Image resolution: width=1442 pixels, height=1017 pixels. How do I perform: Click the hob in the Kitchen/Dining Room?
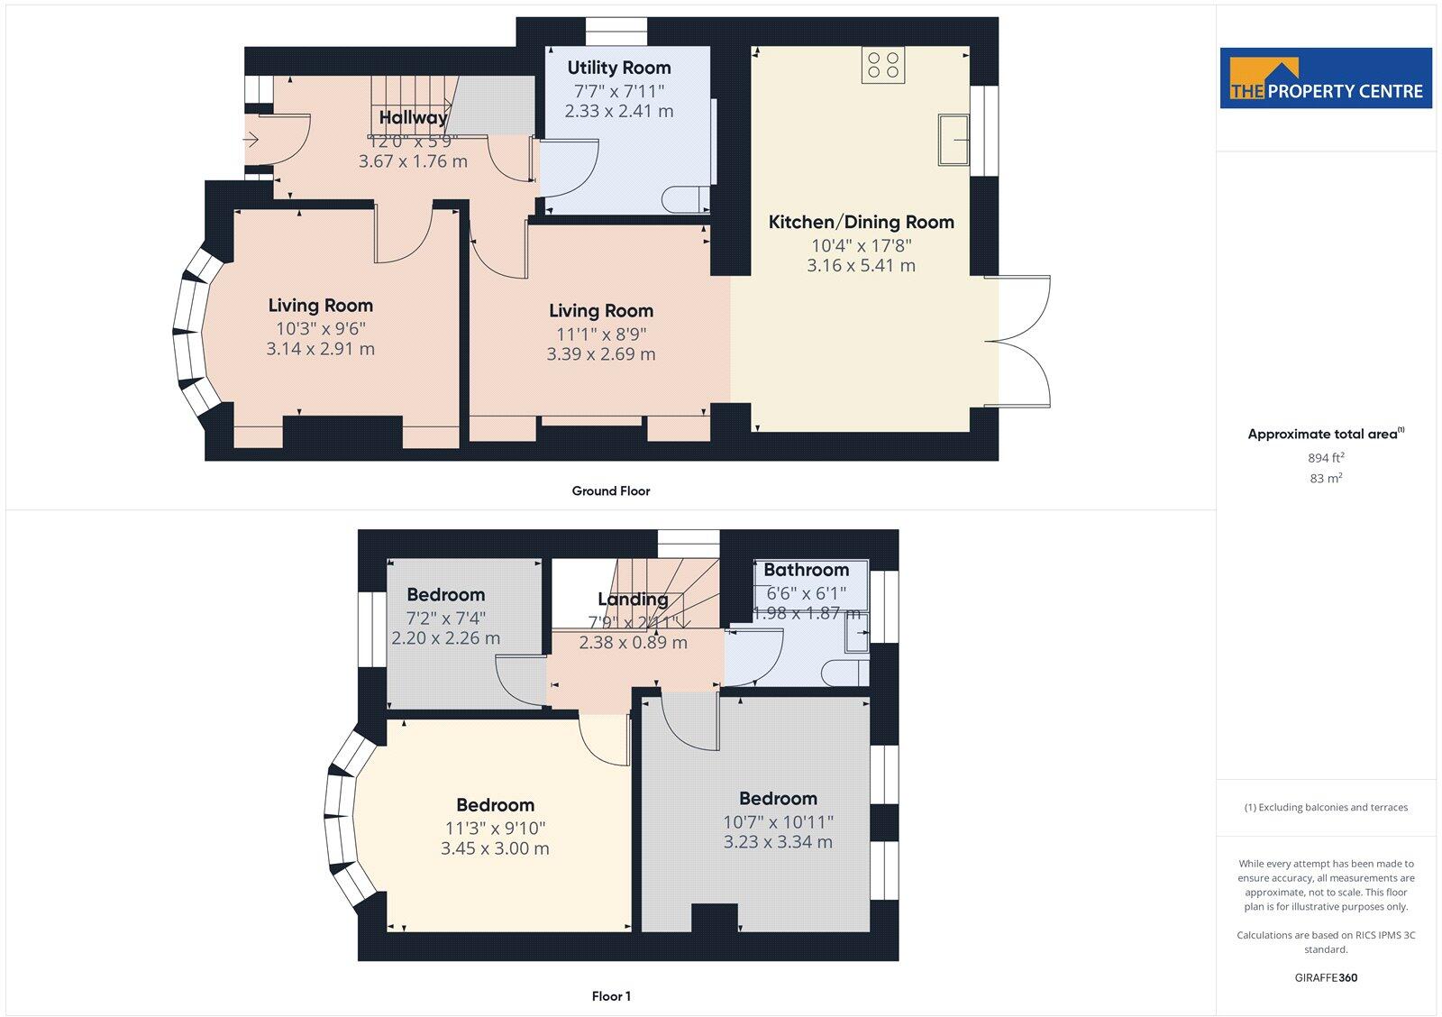(x=882, y=65)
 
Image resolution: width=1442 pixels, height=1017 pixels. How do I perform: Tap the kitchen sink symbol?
(x=954, y=139)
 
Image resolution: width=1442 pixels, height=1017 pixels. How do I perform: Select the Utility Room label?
(x=618, y=68)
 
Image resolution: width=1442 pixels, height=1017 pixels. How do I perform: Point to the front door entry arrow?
(x=251, y=140)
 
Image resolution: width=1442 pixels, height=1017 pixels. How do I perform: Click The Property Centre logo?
(x=1326, y=78)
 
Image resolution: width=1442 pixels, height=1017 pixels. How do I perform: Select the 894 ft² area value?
(x=1326, y=458)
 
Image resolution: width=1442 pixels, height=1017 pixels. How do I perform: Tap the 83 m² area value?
(x=1326, y=479)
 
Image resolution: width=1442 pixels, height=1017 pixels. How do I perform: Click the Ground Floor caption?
(x=610, y=491)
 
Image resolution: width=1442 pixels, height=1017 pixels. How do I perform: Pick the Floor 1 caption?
(x=611, y=996)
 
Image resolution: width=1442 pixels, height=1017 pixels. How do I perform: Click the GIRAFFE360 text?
(x=1326, y=977)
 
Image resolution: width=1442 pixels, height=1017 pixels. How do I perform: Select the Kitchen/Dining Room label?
(x=861, y=222)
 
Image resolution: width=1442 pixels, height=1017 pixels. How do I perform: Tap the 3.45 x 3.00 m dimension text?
(x=495, y=848)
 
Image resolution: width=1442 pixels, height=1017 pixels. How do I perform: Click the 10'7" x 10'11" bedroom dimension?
(x=778, y=821)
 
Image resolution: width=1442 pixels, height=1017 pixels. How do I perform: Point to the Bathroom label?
(x=806, y=570)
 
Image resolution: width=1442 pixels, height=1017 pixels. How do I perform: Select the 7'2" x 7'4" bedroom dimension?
(x=445, y=618)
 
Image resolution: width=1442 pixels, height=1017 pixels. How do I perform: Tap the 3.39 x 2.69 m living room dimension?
(x=600, y=354)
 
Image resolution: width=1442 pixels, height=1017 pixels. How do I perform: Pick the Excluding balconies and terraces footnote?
(x=1326, y=808)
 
